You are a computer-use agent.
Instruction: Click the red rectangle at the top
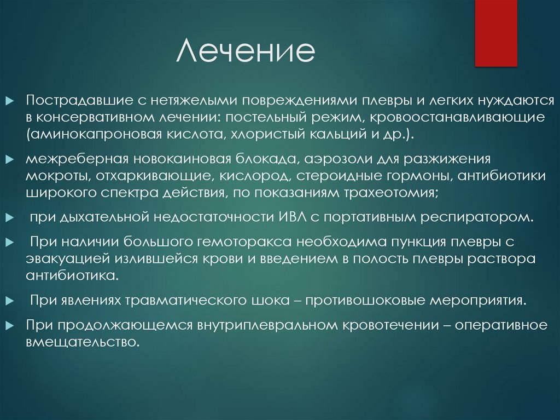tap(495, 33)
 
